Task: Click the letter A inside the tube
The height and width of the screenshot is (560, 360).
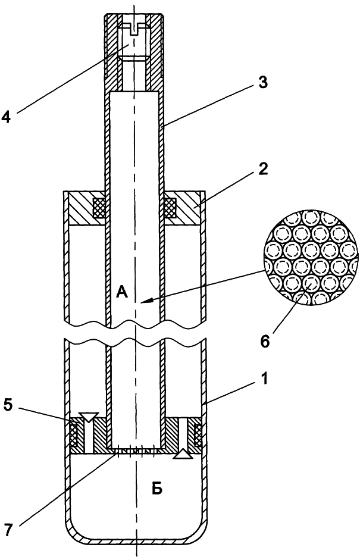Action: pos(122,292)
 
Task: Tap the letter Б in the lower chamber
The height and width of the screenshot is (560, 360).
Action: pos(156,489)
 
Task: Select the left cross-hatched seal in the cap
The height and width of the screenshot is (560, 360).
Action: pos(99,207)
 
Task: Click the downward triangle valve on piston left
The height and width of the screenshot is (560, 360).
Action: pos(89,417)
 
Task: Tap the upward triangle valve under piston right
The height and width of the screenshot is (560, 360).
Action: pos(181,455)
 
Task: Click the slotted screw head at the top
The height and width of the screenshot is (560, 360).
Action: pos(134,26)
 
